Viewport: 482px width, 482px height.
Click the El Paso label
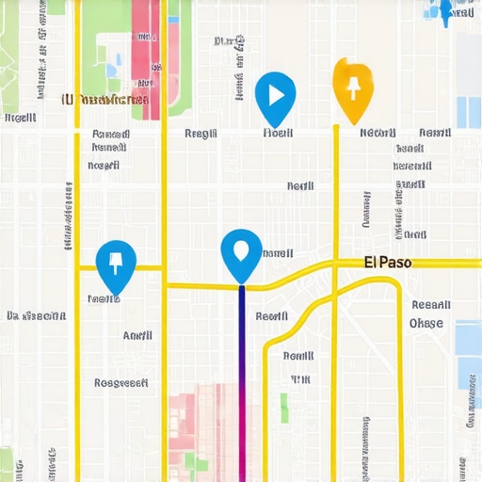click(x=387, y=263)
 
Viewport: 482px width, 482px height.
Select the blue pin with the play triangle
click(x=275, y=97)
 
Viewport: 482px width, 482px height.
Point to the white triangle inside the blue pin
click(x=276, y=94)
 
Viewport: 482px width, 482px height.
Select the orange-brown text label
click(x=104, y=99)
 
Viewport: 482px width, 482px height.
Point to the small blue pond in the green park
click(x=112, y=70)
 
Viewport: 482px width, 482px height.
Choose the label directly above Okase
click(x=431, y=304)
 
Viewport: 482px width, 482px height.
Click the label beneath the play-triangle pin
click(x=278, y=134)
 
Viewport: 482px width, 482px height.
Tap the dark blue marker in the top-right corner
click(x=445, y=9)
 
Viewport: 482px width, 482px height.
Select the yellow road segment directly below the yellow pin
click(x=336, y=188)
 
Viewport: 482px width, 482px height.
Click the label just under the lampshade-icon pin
click(x=104, y=298)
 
